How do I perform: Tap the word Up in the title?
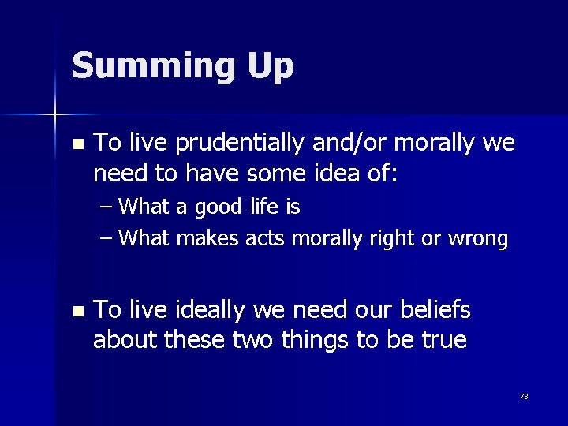271,67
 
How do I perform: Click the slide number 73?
524,397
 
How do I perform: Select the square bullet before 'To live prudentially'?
77,145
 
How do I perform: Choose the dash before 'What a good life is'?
106,208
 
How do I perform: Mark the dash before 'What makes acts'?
106,238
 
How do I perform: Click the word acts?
263,237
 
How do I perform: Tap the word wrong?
479,238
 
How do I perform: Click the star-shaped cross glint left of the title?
55,115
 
